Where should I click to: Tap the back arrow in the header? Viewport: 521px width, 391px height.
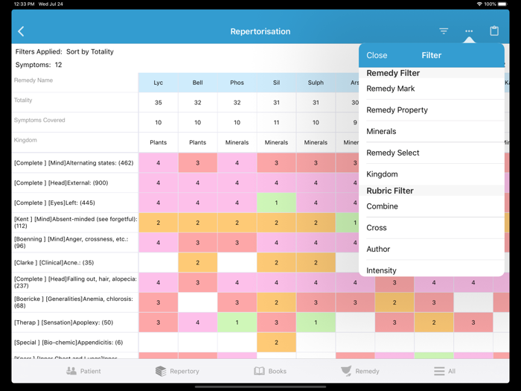point(21,31)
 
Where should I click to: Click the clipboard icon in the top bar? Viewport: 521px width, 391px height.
point(494,31)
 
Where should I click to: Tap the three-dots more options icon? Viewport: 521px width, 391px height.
point(469,31)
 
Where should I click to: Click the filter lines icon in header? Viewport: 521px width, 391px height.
point(444,31)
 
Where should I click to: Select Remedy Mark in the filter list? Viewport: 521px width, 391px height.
point(391,89)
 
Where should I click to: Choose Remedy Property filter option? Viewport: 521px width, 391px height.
point(397,110)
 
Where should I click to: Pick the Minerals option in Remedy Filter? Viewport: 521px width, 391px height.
point(381,132)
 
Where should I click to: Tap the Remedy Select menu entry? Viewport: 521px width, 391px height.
point(393,153)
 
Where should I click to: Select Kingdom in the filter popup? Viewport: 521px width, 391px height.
point(382,174)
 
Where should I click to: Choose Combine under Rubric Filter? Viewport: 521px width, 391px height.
point(382,206)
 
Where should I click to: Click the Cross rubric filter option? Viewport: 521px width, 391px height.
point(377,228)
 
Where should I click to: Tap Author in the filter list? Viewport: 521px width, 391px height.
point(378,249)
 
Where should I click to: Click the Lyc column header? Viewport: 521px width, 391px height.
point(158,83)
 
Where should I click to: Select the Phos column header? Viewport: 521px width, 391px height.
point(237,83)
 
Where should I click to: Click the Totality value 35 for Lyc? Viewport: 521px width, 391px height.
point(158,103)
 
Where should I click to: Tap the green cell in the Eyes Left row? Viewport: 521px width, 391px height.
point(276,203)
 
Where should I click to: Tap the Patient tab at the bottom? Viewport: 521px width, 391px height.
point(83,371)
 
